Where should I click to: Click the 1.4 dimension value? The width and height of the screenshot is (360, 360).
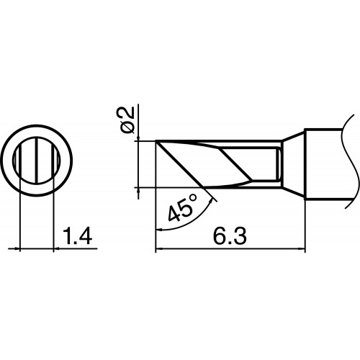tap(77, 236)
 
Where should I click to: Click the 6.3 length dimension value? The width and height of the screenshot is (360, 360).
tap(230, 236)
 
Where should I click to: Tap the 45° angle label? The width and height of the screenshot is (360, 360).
tap(183, 208)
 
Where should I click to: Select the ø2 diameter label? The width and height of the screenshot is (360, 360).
tap(127, 120)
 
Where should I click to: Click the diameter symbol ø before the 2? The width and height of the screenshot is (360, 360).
tap(127, 127)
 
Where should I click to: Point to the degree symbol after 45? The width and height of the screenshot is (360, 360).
tap(193, 198)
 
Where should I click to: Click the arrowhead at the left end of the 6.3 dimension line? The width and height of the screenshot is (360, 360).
tap(159, 248)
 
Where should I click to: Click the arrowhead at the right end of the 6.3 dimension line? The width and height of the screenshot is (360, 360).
tap(302, 248)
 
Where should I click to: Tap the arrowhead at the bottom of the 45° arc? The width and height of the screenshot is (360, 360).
tap(159, 230)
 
